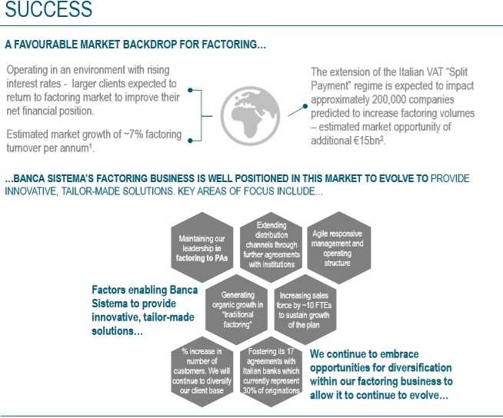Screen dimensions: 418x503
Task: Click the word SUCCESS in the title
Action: [48, 10]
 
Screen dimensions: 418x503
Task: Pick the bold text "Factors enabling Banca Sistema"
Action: [145, 290]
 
